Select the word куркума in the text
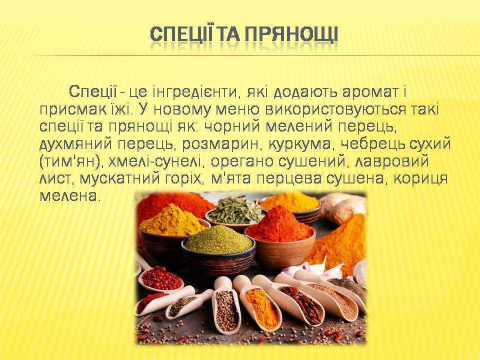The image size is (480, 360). (x=300, y=144)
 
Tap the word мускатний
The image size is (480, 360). (x=120, y=178)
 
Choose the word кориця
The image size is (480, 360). (x=420, y=178)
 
